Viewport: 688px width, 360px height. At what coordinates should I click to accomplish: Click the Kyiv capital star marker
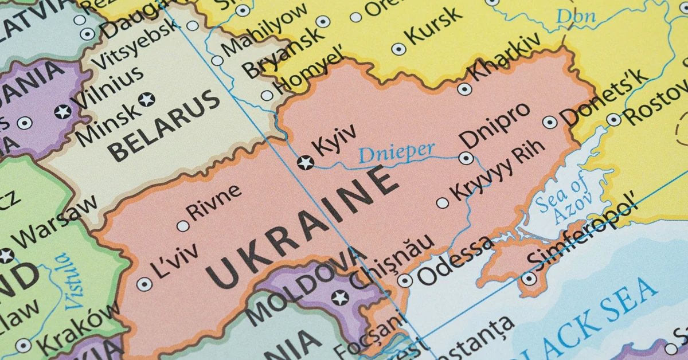pos(306,163)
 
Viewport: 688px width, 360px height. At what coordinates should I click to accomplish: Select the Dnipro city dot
pos(466,158)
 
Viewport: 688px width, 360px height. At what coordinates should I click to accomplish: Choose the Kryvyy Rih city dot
pos(443,203)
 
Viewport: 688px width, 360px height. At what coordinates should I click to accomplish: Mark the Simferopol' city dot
pos(529,279)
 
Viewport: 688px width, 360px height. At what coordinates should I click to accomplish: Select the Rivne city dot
pos(183,226)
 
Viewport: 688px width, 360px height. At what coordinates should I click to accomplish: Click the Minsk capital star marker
pos(147,99)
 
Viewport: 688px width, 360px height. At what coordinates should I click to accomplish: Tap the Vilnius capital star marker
pos(62,111)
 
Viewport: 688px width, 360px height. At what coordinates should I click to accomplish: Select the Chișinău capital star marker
pos(341,298)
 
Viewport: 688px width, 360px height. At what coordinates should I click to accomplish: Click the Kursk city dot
pos(398,49)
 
